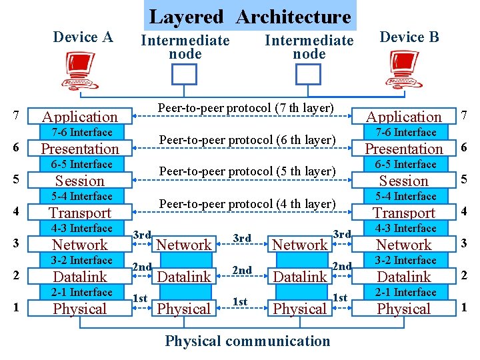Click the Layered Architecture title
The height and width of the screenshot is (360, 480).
(x=249, y=16)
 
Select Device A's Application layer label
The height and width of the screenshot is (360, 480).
(x=80, y=117)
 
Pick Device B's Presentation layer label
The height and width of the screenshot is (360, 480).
(x=404, y=149)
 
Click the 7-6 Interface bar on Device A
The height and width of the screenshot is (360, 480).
(x=81, y=132)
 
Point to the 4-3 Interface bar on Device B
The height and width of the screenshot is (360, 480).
(x=405, y=228)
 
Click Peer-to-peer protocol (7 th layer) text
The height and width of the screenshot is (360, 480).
(x=245, y=107)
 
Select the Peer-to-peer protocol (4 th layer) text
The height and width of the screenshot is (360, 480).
(x=246, y=203)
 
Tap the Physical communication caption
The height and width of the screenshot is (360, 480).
(x=247, y=341)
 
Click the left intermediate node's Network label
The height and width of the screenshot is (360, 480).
(x=183, y=245)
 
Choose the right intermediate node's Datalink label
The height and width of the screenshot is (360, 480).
(x=300, y=277)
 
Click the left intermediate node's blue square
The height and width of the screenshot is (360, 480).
(x=185, y=74)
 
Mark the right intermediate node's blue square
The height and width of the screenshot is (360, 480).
(x=308, y=74)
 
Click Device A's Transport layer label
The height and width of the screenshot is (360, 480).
(x=80, y=213)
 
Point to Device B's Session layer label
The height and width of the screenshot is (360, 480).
(x=404, y=181)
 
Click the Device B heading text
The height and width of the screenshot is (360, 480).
(x=409, y=37)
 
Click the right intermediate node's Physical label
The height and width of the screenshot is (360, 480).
(x=300, y=309)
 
